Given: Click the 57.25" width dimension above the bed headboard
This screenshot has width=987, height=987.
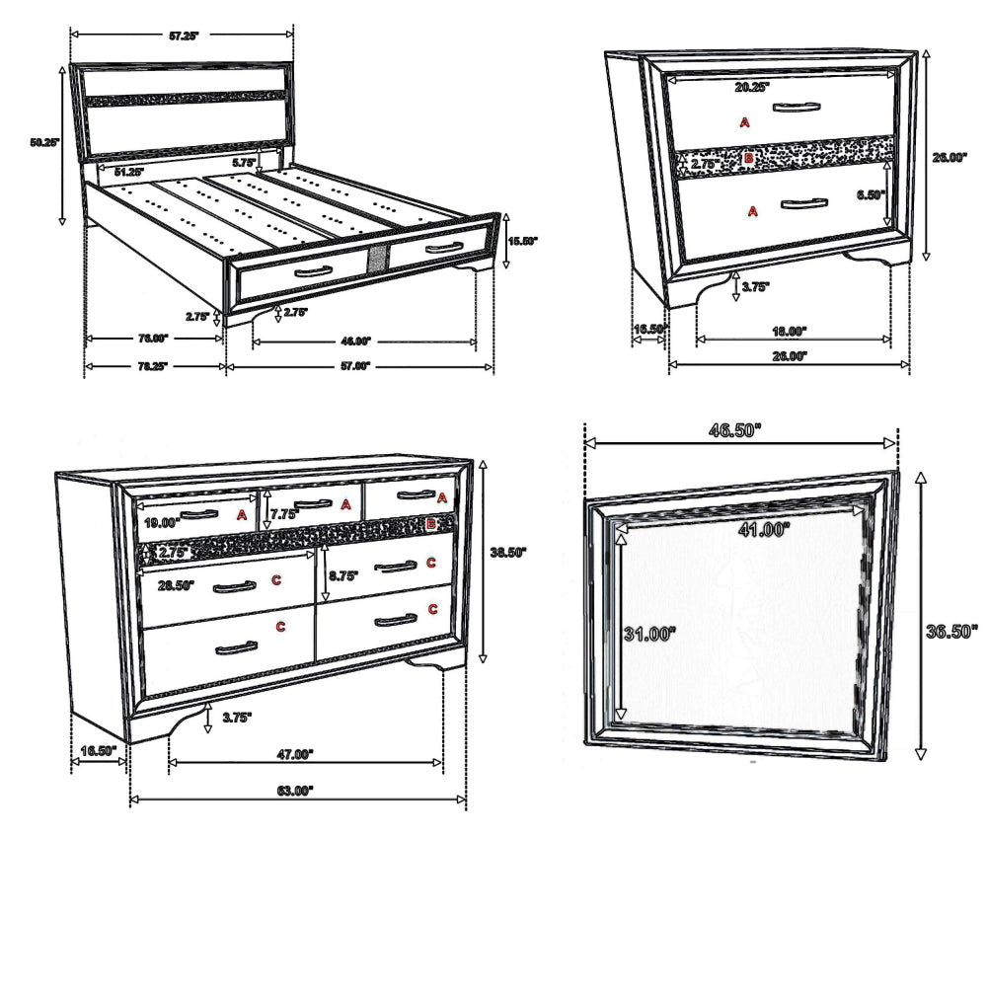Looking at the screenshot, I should [184, 36].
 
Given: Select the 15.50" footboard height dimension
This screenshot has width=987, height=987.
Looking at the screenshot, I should [523, 240].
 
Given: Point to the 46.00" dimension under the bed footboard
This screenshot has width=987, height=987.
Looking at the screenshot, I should [355, 341].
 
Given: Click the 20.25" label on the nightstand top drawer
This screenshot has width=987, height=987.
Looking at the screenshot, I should [752, 87].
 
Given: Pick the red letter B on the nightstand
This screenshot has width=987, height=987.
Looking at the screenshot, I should [749, 158].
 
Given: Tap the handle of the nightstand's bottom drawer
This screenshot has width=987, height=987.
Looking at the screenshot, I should [801, 204].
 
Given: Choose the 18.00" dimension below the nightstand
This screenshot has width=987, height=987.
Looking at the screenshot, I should [790, 330].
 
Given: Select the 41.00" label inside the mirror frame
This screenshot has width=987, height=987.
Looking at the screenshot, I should [765, 530].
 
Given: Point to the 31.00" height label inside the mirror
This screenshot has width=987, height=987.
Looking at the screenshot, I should [648, 634].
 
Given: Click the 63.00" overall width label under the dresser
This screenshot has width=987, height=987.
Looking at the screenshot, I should [293, 790].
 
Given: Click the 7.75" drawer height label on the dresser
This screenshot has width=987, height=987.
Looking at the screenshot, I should [284, 514].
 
